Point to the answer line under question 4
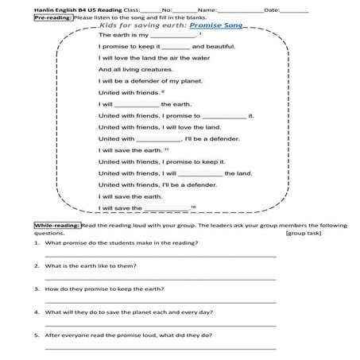tap(159, 324)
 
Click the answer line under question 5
tap(159, 347)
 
